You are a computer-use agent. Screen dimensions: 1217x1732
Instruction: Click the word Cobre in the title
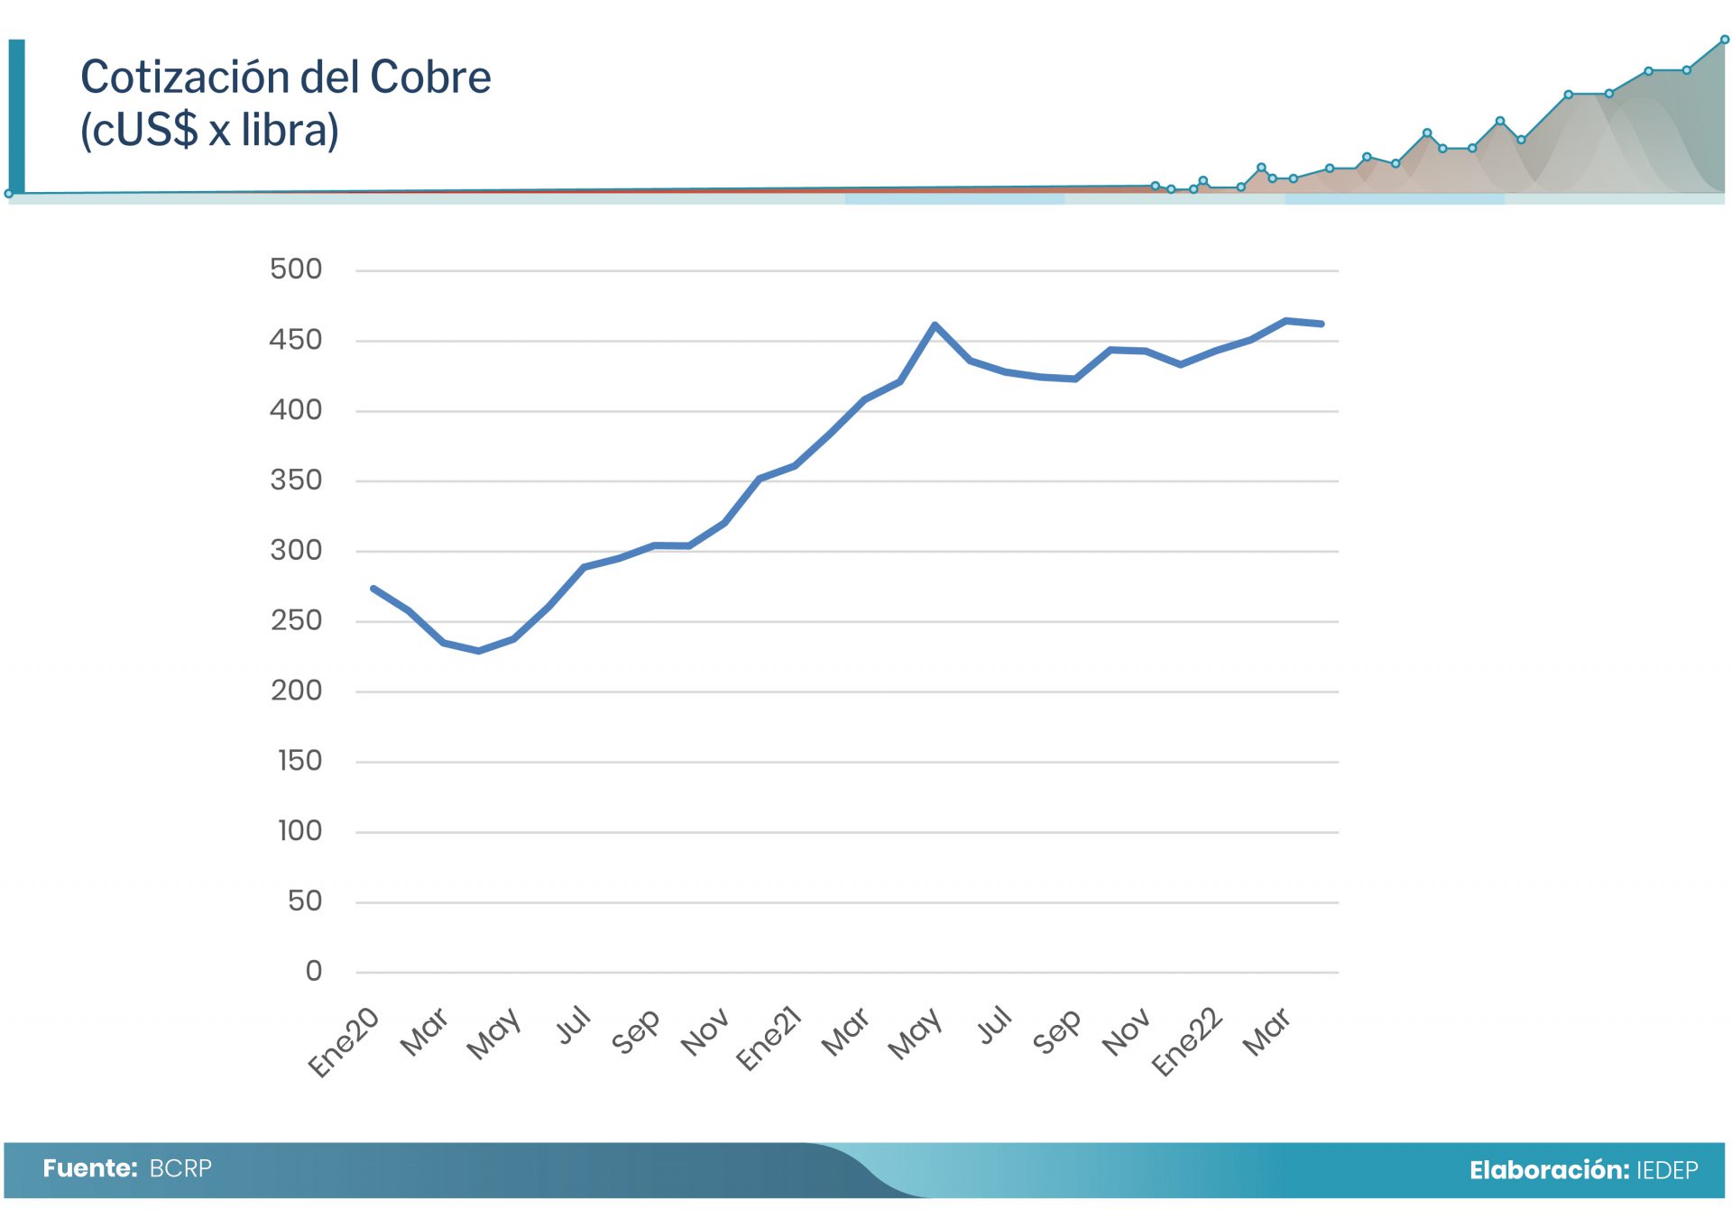tap(430, 78)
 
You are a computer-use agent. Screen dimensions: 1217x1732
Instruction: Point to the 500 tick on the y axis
tap(296, 269)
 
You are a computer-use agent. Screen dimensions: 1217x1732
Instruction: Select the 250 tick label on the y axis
tap(296, 620)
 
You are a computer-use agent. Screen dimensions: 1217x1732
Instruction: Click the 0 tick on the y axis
tap(313, 971)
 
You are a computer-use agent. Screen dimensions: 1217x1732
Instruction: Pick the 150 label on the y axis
tap(299, 761)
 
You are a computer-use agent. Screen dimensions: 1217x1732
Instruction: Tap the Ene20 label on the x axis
tap(344, 1042)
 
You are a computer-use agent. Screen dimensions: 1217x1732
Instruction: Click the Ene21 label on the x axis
tap(769, 1039)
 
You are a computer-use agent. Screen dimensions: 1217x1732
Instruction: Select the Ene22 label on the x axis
tap(1187, 1041)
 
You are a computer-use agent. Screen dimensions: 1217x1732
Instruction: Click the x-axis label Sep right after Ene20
tap(635, 1031)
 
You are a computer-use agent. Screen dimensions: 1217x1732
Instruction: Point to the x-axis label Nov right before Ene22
tap(1126, 1031)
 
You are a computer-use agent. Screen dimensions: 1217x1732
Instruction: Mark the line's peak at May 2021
tap(935, 325)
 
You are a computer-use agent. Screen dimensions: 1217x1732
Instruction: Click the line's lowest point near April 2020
tap(478, 651)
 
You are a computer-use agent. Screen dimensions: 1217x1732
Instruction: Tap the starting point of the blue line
tap(373, 589)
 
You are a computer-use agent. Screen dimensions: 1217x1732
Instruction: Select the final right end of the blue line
tap(1322, 324)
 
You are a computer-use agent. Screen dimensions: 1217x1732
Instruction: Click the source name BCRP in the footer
tap(180, 1168)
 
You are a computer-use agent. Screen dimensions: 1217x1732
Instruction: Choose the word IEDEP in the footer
tap(1667, 1170)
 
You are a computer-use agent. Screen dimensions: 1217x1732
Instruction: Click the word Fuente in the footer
tap(89, 1168)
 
